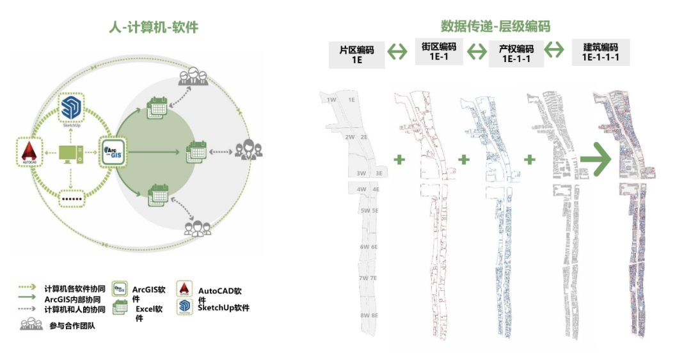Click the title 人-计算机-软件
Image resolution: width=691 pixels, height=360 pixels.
153,27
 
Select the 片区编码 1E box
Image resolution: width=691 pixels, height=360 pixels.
357,54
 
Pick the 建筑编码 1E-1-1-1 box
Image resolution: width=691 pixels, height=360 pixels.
600,52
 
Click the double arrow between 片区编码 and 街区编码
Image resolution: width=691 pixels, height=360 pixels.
399,51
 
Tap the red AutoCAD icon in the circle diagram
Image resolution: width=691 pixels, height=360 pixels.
28,152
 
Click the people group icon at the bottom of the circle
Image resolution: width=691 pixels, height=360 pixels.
197,228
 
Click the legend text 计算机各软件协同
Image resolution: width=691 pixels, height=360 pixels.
72,288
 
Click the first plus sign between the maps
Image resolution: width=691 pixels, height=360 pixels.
399,159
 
